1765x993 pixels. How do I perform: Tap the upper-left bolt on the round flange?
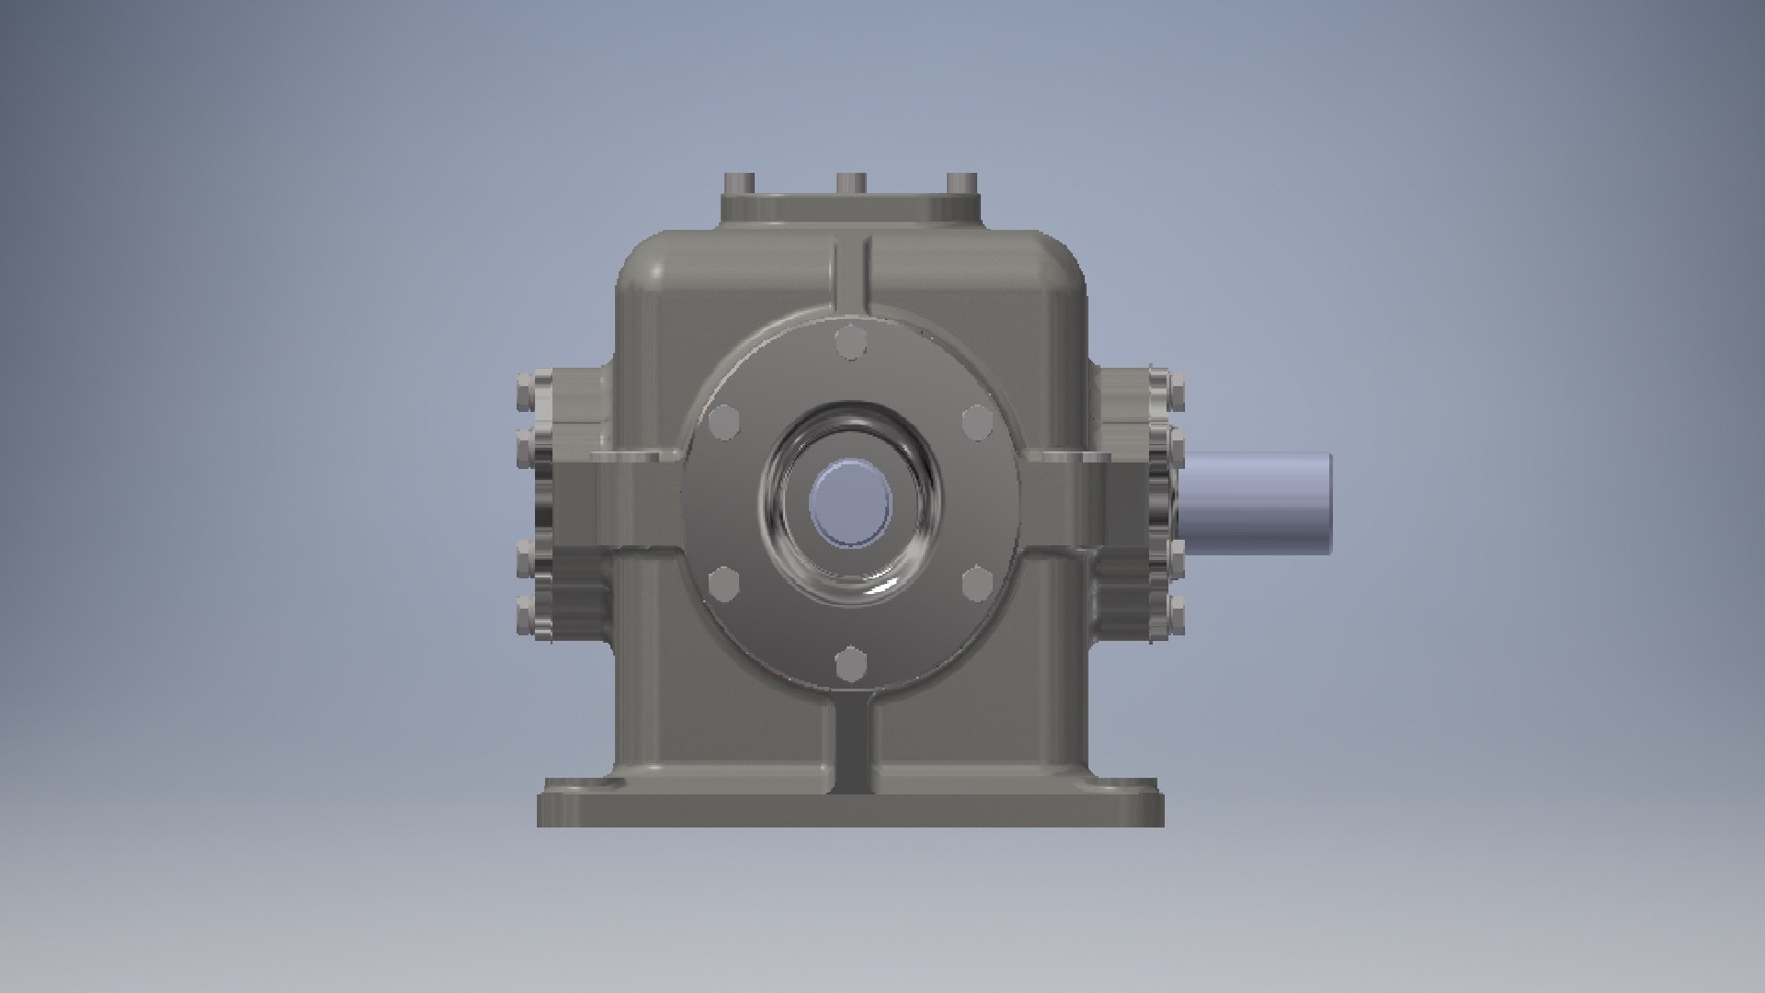click(x=725, y=423)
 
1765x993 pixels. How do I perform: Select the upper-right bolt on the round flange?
click(x=976, y=423)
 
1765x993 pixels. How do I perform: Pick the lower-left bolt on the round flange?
click(x=725, y=583)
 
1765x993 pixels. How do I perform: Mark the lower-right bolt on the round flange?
click(x=976, y=583)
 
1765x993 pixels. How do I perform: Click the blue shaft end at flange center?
click(x=850, y=504)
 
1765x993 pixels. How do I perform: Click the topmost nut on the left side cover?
click(x=527, y=390)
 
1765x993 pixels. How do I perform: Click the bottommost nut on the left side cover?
click(x=527, y=614)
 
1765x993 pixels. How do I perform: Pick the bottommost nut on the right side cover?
click(x=1174, y=614)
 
